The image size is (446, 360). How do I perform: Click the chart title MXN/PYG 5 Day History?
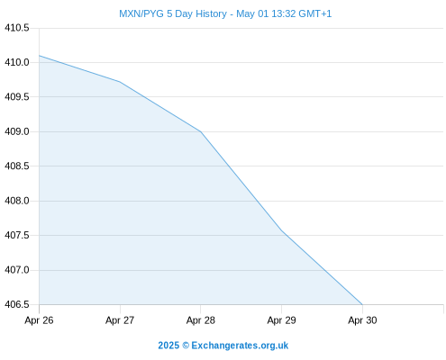coord(173,13)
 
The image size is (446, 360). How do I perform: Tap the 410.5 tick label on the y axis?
coord(17,28)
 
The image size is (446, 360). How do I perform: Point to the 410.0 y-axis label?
coord(17,62)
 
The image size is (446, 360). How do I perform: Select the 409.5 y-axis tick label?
coord(17,97)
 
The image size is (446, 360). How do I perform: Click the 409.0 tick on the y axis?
coord(17,131)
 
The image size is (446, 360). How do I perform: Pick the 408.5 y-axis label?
coord(17,166)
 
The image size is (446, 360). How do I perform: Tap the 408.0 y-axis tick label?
coord(17,201)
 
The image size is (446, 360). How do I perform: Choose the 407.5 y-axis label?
coord(17,235)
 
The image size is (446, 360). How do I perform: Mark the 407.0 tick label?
coord(17,270)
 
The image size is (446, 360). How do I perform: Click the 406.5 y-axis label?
coord(17,304)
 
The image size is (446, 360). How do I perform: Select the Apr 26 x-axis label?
coord(39,320)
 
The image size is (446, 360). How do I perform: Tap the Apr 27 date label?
coord(120,320)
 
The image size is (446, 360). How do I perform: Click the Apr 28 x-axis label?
coord(201,320)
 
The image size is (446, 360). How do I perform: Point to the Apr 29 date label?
coord(281,320)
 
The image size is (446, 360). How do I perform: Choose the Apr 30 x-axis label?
coord(362,320)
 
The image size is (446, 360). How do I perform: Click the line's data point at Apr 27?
coord(120,82)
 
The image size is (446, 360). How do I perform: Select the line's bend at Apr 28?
coord(201,131)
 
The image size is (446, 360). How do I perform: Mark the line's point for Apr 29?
coord(281,230)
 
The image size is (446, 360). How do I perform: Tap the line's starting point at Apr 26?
coord(39,56)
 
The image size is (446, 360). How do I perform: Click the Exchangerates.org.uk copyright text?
coord(223,346)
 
